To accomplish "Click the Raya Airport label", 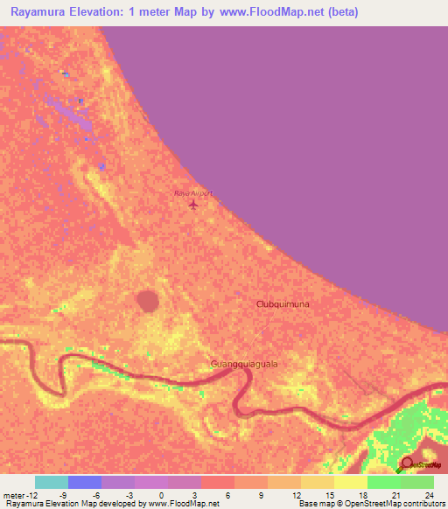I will [x=193, y=192].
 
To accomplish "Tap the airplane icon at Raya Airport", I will [x=193, y=205].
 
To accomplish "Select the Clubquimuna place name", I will [x=283, y=303].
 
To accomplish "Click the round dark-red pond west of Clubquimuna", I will [x=148, y=301].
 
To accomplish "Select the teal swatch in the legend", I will [x=52, y=482].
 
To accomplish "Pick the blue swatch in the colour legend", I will [x=85, y=482].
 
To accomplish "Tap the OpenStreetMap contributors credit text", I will [x=403, y=504].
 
